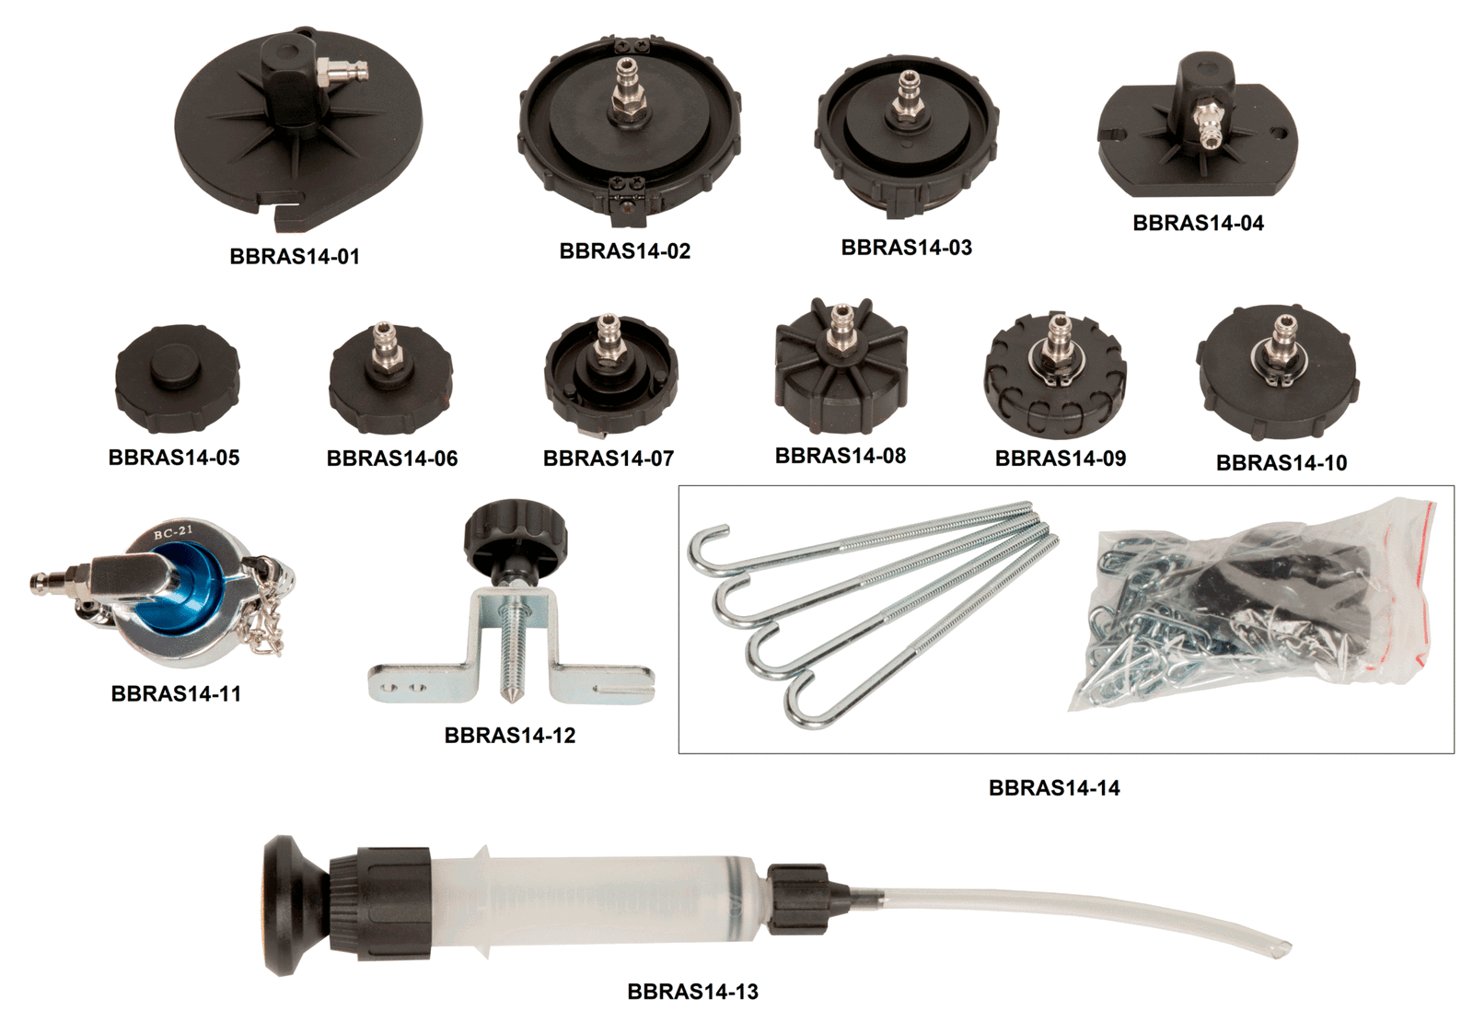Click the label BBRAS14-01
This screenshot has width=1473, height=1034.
click(295, 256)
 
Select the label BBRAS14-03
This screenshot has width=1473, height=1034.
click(906, 248)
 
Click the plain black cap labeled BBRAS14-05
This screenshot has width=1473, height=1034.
click(178, 381)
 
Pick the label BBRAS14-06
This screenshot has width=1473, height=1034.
click(392, 458)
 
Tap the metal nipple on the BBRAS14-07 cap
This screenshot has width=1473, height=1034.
click(607, 340)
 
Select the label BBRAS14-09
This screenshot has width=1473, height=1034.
click(1060, 458)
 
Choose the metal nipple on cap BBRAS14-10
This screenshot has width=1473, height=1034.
click(1282, 340)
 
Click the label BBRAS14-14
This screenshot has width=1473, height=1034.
click(1053, 787)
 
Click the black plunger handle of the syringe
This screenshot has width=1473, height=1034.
click(289, 906)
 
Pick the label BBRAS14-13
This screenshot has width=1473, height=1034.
click(692, 992)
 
